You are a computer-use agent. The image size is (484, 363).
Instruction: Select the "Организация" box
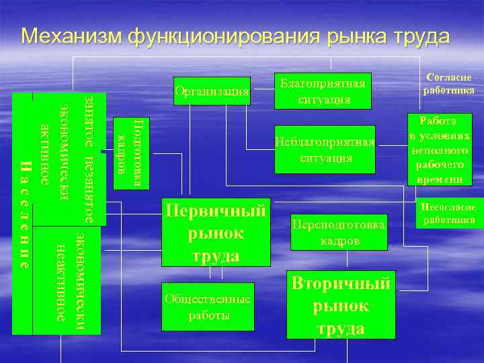pyautogui.click(x=211, y=91)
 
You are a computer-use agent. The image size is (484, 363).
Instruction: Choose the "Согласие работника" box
pyautogui.click(x=448, y=84)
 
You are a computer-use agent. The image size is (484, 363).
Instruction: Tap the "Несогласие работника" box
pyautogui.click(x=448, y=214)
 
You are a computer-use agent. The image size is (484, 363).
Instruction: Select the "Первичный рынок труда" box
pyautogui.click(x=215, y=232)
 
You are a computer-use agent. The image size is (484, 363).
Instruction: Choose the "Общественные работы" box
pyautogui.click(x=208, y=306)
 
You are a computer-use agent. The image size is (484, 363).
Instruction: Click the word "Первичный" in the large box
pyautogui.click(x=216, y=211)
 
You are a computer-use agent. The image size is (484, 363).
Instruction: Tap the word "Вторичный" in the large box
pyautogui.click(x=340, y=283)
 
